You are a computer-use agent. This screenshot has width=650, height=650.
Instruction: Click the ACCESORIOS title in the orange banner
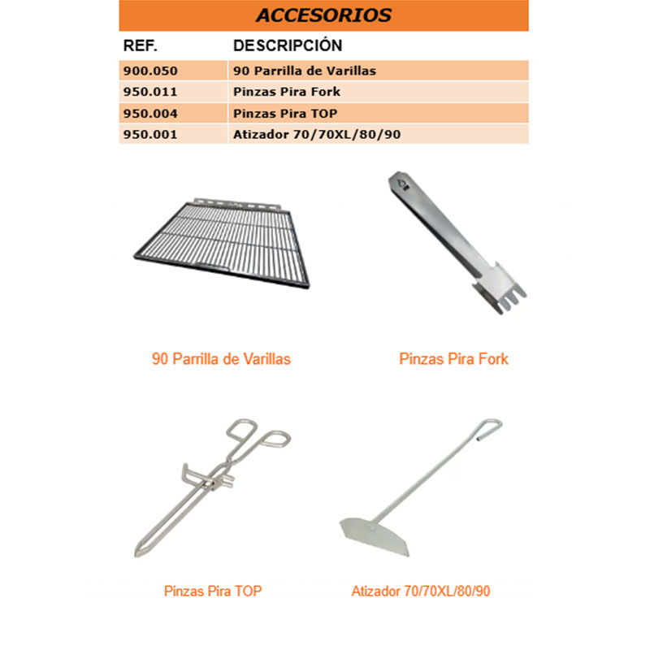[323, 15]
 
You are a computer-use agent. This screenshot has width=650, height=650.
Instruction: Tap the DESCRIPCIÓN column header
[288, 45]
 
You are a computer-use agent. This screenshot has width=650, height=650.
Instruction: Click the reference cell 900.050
[149, 71]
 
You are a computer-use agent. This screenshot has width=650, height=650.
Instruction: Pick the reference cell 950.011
[149, 92]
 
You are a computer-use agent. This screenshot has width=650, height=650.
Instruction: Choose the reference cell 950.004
[149, 113]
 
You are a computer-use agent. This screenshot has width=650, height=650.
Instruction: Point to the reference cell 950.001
[149, 134]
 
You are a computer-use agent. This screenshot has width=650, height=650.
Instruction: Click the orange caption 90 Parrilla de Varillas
[221, 358]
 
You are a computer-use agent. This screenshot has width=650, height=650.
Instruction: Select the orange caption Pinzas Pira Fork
[453, 358]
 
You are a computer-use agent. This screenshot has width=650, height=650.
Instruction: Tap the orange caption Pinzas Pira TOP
[213, 591]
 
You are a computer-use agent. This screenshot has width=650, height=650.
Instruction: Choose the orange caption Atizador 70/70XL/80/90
[421, 591]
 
